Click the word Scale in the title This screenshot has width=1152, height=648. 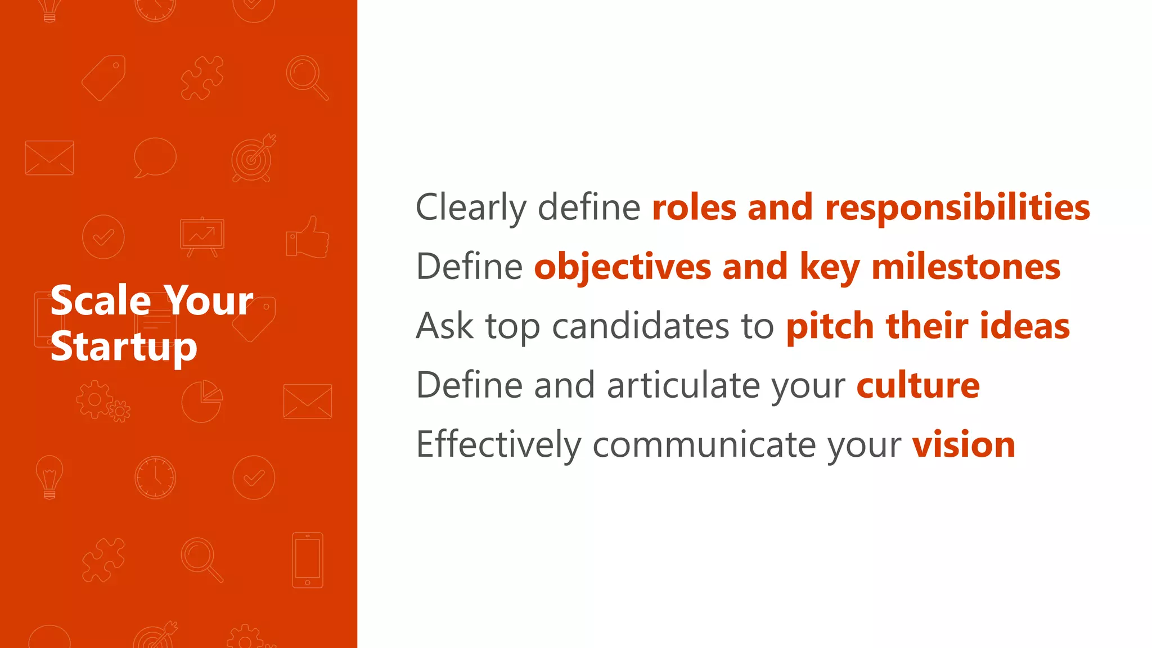point(101,301)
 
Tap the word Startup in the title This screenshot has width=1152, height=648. point(124,348)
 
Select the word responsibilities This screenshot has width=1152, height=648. point(957,208)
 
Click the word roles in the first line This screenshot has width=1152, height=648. point(694,208)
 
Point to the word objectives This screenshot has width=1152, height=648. point(622,268)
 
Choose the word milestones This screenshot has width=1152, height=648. point(966,267)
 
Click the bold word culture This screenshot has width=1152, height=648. point(918,386)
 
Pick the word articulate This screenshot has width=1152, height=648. point(683,386)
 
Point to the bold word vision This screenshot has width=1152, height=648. point(964,445)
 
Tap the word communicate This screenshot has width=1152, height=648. point(704,445)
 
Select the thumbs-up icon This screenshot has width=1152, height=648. point(308,238)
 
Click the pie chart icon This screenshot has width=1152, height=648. point(202,401)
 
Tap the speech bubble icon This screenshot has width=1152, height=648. point(155,157)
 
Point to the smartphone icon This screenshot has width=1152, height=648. point(308,560)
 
